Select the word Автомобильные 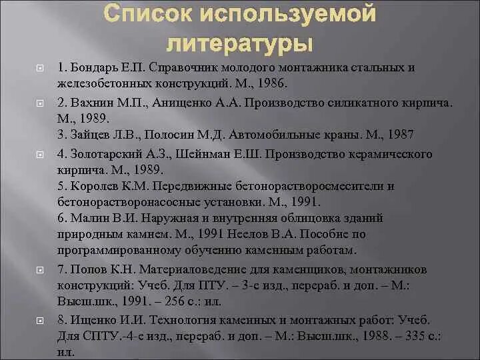pyautogui.click(x=271, y=135)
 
